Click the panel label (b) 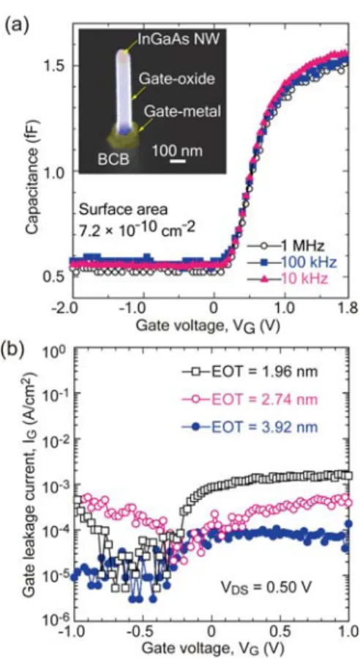(15, 349)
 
